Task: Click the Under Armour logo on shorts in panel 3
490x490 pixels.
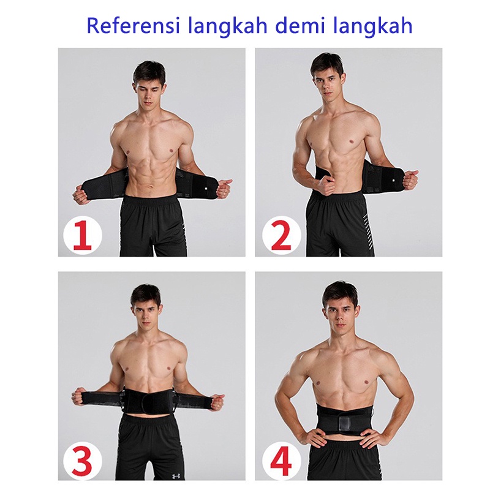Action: coord(174,477)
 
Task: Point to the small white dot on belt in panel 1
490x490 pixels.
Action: coord(207,188)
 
